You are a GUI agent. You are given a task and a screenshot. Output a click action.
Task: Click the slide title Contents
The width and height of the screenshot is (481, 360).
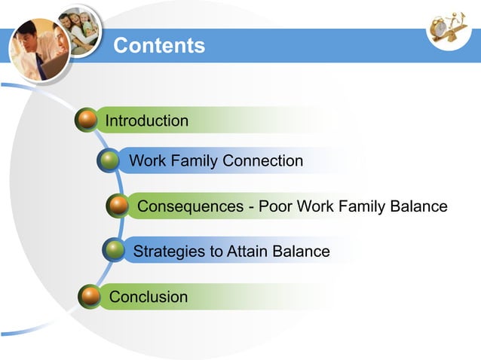point(158,46)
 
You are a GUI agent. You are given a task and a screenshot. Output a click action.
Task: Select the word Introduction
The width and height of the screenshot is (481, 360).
point(147,121)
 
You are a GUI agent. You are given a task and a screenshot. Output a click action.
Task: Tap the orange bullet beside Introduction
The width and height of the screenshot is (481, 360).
point(87,120)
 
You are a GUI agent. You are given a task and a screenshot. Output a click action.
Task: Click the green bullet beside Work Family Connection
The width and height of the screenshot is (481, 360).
point(110,160)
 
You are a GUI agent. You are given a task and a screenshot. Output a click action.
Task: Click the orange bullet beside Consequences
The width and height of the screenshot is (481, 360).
point(117,206)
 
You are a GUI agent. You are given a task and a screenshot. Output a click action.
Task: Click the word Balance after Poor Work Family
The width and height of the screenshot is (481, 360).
point(418,206)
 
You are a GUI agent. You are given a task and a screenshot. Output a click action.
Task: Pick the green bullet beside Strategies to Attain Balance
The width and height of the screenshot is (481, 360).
point(114,250)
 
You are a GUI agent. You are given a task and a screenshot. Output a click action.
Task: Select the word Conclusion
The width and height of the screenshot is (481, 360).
point(149,297)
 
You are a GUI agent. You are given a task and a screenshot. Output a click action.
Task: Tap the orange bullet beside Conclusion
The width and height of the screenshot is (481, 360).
point(90,296)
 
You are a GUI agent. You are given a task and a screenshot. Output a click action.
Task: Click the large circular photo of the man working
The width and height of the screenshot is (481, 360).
point(39,50)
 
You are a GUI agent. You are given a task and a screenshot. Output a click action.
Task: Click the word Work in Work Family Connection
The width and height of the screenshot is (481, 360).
point(146,160)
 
